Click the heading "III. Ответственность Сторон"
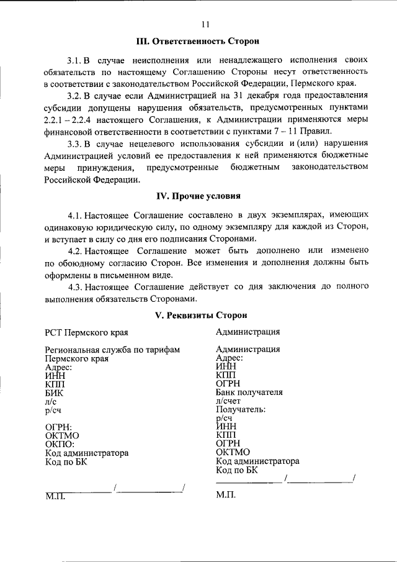point(198,42)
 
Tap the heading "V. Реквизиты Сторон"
point(198,315)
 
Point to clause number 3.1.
point(75,60)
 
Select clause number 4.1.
point(75,215)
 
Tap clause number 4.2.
point(75,250)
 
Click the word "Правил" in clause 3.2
point(318,131)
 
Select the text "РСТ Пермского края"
point(86,332)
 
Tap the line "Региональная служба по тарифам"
point(112,350)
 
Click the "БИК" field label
point(55,392)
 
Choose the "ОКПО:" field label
point(60,444)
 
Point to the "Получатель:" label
point(241,410)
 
